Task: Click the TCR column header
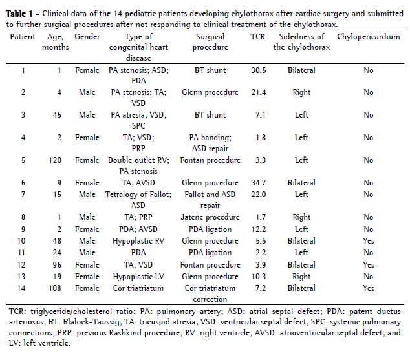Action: (257, 37)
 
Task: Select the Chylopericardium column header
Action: (368, 37)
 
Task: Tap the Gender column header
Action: (87, 37)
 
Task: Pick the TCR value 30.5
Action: (257, 70)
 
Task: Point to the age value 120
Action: (54, 160)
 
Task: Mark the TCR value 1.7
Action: (257, 217)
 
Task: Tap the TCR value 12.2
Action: (257, 229)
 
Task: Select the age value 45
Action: (54, 115)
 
